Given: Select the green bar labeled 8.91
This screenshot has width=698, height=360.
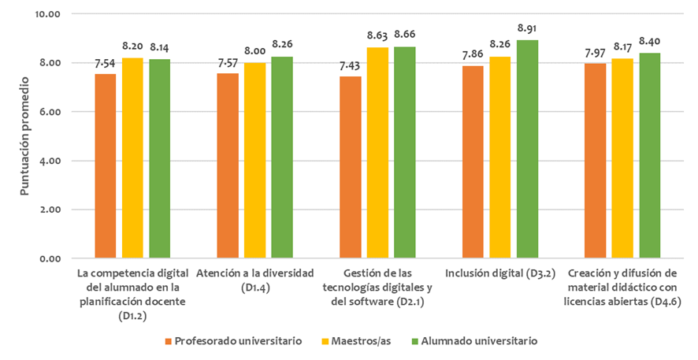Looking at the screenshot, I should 527,149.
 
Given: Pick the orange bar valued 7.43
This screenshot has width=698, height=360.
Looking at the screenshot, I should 351,167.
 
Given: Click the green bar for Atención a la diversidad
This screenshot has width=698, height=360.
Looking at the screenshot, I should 281,158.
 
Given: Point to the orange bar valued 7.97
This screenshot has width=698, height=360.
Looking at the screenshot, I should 596,161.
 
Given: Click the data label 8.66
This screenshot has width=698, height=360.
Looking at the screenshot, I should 405,35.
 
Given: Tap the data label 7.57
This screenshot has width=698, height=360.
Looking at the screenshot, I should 228,61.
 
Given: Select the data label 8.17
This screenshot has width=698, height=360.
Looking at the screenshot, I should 623,46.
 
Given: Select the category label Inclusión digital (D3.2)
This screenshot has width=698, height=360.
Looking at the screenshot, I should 500,273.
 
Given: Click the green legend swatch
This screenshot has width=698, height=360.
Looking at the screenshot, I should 414,341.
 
